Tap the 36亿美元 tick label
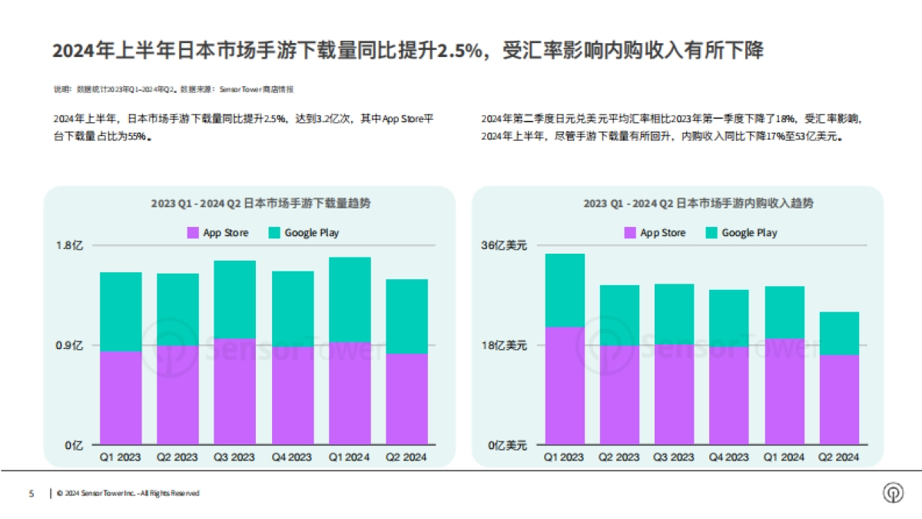pos(503,246)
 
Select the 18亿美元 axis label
pos(503,345)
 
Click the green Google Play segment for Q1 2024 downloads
pos(350,299)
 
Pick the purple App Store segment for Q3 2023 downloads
pos(235,391)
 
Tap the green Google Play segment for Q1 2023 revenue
pos(564,290)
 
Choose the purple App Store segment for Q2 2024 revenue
pos(839,399)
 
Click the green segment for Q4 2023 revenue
pos(728,318)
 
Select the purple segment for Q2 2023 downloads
pos(177,395)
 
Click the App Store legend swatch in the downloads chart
pos(193,232)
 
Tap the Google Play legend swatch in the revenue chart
pos(711,232)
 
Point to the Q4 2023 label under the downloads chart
pos(292,457)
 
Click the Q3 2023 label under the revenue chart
pos(674,457)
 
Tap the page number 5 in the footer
pos(32,493)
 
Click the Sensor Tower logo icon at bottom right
pos(893,493)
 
